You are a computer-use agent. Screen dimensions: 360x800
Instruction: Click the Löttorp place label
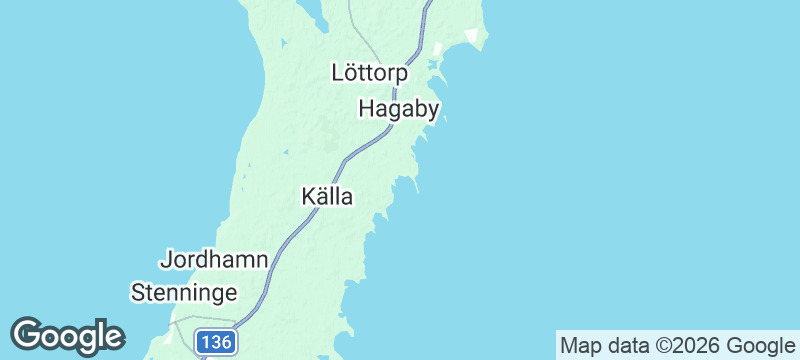(x=369, y=73)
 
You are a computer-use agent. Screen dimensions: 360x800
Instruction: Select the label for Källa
(x=327, y=197)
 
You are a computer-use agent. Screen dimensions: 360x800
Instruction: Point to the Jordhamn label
(x=213, y=260)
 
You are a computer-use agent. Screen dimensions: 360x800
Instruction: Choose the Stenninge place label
(x=185, y=293)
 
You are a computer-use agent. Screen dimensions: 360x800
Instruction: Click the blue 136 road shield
(x=215, y=342)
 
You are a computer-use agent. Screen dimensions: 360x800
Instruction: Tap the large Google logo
(x=67, y=335)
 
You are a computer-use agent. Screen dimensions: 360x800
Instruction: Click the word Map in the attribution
(x=583, y=346)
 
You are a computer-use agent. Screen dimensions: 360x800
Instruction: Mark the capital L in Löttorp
(x=338, y=73)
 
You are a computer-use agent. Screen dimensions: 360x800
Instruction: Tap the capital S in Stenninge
(x=139, y=293)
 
